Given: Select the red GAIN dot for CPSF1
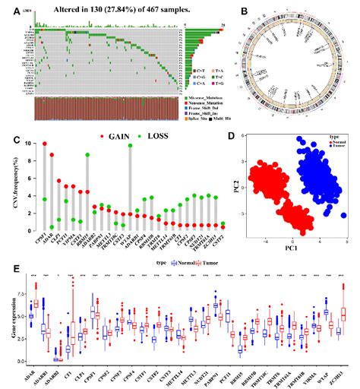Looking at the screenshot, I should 45,144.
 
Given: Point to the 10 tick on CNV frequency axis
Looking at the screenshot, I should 30,144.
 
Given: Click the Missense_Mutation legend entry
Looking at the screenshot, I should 209,99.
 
